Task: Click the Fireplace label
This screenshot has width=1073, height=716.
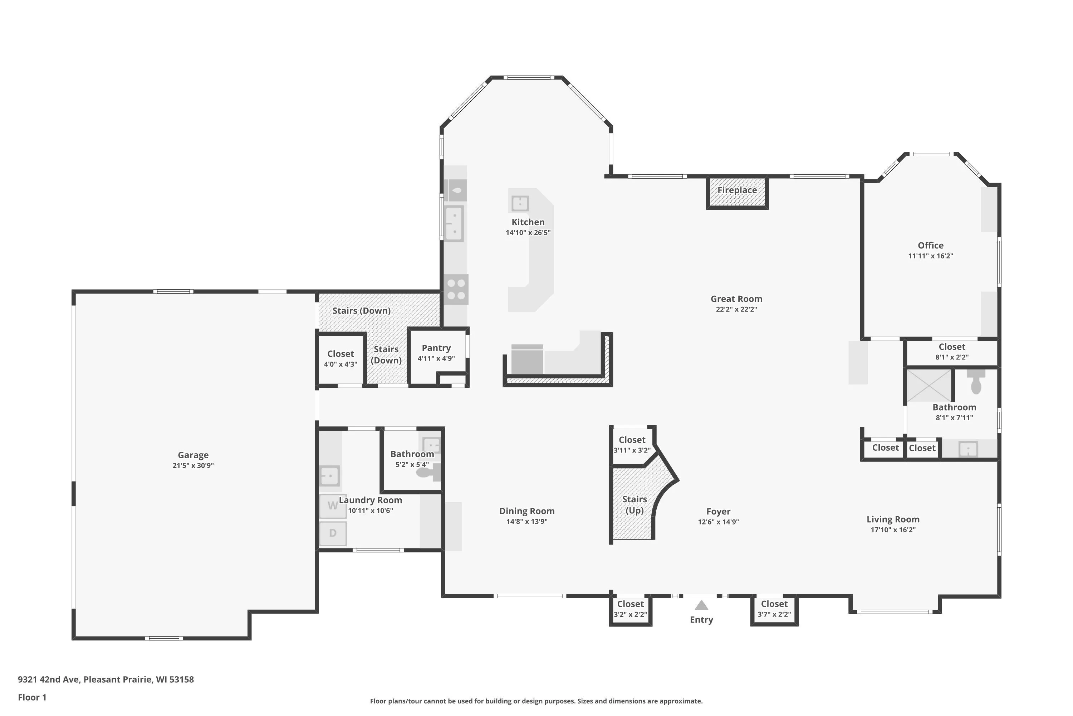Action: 737,190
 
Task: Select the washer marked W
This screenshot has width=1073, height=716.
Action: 333,506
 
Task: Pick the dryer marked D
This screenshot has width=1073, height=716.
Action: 333,533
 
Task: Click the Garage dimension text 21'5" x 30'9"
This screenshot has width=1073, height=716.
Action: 193,465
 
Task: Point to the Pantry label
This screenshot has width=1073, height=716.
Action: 436,348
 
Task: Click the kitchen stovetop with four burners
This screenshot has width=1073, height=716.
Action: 456,289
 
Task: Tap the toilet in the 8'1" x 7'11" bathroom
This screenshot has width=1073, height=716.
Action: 976,382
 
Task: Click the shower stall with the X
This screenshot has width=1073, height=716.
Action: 929,386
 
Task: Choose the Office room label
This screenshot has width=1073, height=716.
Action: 931,245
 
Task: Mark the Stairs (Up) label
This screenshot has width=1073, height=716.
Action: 635,504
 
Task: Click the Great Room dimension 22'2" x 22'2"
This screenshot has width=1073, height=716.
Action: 736,309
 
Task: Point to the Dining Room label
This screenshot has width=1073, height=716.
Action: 527,511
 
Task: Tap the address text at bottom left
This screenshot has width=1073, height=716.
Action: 106,679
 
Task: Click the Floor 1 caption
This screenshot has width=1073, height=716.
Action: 32,697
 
